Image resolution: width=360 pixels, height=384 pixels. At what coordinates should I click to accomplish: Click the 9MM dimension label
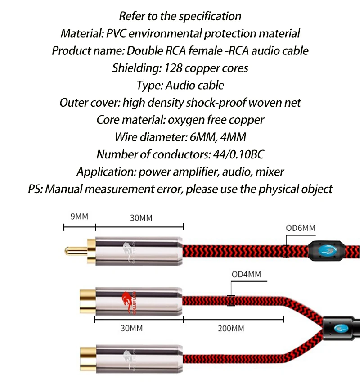(x=79, y=217)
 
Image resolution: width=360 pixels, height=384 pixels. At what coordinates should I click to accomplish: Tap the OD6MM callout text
(x=301, y=228)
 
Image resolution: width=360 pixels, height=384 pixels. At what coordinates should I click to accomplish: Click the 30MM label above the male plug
(x=141, y=218)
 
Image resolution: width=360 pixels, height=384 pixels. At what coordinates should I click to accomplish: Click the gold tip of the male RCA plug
(x=72, y=249)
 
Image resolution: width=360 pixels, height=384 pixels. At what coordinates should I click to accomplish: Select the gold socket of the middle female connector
(x=86, y=299)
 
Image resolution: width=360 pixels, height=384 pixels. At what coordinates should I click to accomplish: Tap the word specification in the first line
(x=210, y=16)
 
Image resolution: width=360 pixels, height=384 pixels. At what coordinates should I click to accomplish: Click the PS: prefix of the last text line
(x=36, y=189)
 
